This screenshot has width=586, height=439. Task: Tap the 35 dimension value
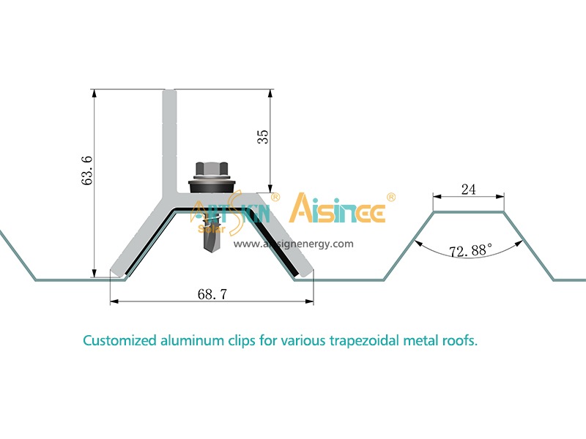[x=263, y=137]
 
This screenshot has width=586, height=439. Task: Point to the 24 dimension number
[x=469, y=190]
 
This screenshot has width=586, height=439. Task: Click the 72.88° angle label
[x=470, y=251]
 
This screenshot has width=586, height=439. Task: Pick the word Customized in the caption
[x=119, y=341]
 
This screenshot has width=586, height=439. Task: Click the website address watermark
[x=294, y=244]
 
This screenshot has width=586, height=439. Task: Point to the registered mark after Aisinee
[x=391, y=198]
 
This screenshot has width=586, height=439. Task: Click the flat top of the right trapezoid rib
[x=469, y=212]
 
